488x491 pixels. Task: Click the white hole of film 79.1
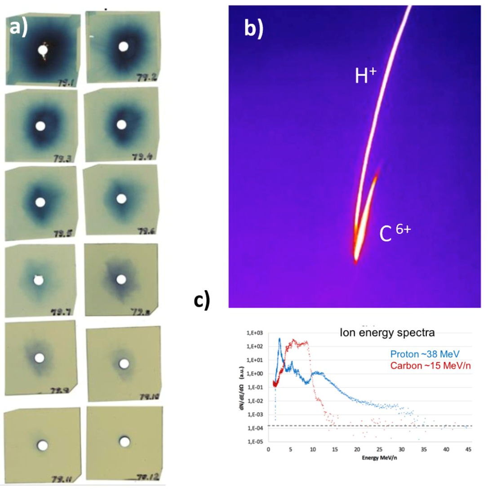coord(43,51)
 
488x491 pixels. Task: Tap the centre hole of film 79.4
coord(120,124)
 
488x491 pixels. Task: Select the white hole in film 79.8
coord(120,279)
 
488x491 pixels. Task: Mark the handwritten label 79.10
coord(147,397)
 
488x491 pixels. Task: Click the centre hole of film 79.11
coord(43,445)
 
